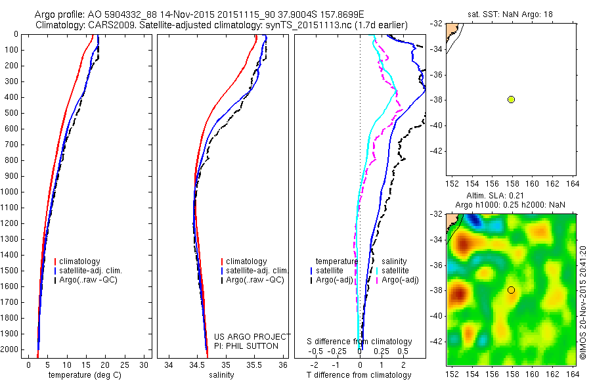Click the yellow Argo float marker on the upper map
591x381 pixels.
click(x=511, y=99)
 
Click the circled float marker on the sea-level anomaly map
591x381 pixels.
click(x=511, y=290)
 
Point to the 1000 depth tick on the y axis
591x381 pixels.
click(x=13, y=192)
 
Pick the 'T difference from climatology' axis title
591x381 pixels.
click(x=360, y=375)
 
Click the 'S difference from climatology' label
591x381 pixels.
click(x=360, y=342)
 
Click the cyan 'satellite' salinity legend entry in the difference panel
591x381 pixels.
click(x=393, y=271)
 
